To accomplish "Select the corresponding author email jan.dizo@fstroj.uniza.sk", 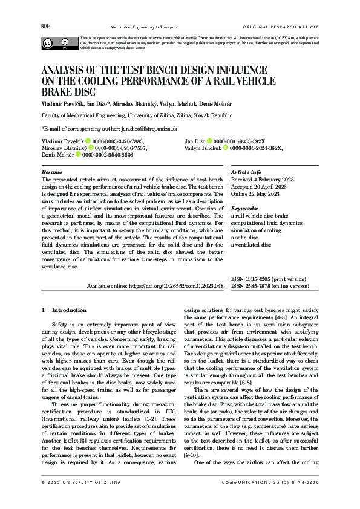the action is click(148, 129).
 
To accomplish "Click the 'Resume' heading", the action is click(51, 172).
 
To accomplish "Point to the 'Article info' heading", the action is click(246, 172).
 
